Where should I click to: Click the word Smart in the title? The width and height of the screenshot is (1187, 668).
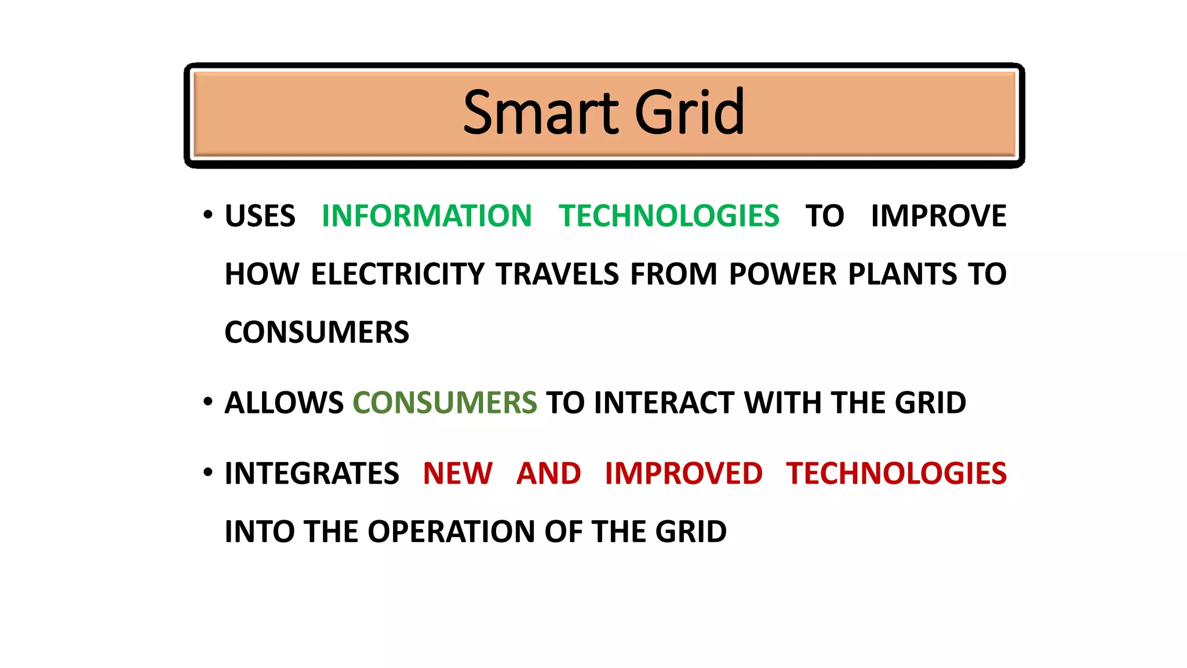coord(541,112)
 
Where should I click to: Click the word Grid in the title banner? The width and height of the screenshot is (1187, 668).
coord(689,112)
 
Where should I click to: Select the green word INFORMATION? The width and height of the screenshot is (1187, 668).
coord(427,216)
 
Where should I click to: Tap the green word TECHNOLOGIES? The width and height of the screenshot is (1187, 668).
coord(669,216)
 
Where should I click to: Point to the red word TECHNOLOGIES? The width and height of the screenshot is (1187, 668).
coord(896,474)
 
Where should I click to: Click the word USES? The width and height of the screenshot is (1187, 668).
coord(260,216)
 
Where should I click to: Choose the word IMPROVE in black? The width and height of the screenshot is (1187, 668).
coord(938,216)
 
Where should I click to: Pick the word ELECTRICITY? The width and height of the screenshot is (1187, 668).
coord(398,274)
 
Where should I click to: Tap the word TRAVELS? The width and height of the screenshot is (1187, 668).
coord(558,274)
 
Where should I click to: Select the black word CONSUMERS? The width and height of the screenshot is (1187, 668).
coord(316,333)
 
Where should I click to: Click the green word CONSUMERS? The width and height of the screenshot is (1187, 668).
coord(445,403)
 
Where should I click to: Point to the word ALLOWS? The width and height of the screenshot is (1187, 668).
coord(284,403)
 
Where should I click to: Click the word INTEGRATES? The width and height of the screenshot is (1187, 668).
coord(312,474)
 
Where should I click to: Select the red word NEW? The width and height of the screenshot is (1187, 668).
coord(457,474)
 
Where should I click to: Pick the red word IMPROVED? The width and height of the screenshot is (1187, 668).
coord(683,474)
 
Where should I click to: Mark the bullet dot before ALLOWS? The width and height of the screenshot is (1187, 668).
coord(208,401)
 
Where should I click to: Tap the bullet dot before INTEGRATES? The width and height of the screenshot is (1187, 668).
coord(208,472)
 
